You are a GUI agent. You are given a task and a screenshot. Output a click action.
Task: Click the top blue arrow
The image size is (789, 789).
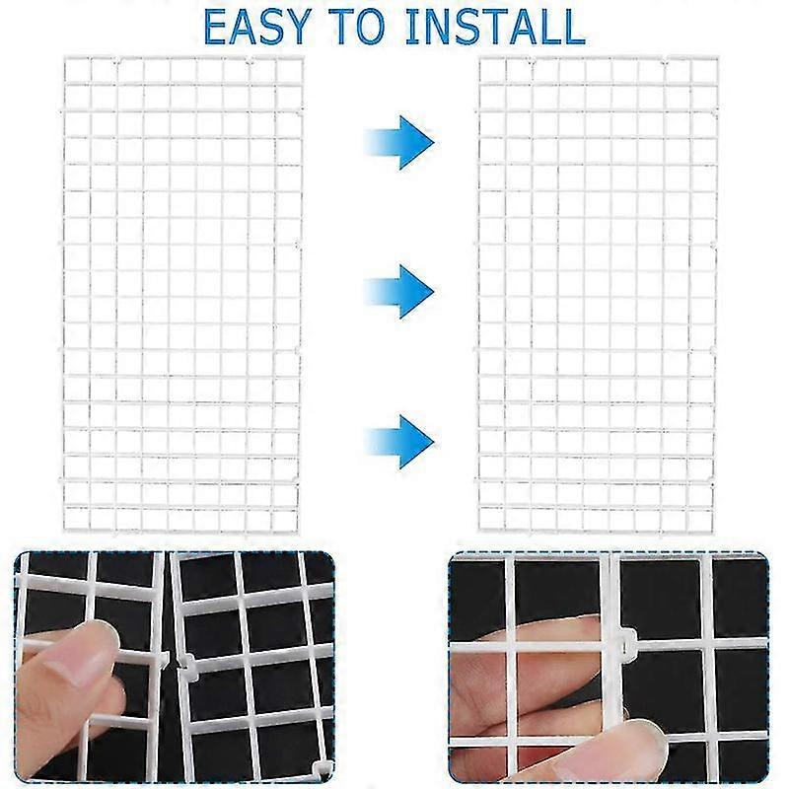399,142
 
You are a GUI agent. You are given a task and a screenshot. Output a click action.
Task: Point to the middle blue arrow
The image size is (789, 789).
399,290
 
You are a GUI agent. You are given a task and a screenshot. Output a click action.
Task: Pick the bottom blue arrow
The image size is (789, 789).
399,440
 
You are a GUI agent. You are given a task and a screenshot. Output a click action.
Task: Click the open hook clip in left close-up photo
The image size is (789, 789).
184,663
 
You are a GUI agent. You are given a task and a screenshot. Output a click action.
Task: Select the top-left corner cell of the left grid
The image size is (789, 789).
77,70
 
